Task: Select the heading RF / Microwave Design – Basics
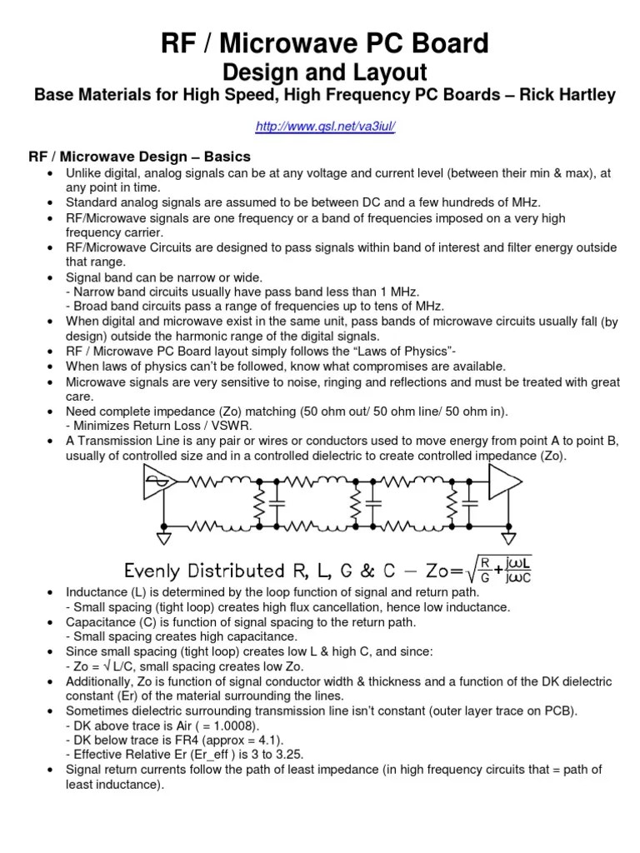pyautogui.click(x=139, y=157)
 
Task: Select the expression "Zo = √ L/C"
pyautogui.click(x=104, y=666)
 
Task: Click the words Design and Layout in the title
pyautogui.click(x=320, y=72)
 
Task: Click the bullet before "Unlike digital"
pyautogui.click(x=51, y=172)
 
